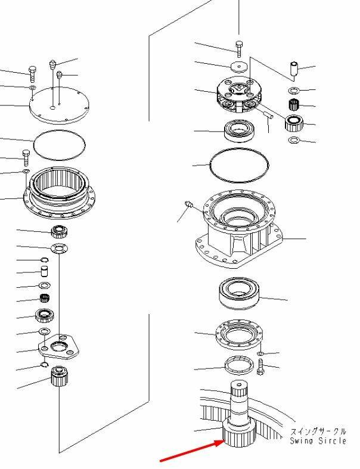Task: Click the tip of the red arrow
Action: pyautogui.click(x=224, y=440)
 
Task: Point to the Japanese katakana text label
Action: pyautogui.click(x=318, y=431)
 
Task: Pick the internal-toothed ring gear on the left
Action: pyautogui.click(x=59, y=192)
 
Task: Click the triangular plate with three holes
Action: pyautogui.click(x=58, y=347)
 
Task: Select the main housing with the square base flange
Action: pyautogui.click(x=239, y=229)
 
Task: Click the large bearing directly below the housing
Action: pyautogui.click(x=240, y=293)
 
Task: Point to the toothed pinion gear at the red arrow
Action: pyautogui.click(x=239, y=432)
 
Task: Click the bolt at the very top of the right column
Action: pyautogui.click(x=239, y=49)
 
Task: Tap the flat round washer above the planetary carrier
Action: pyautogui.click(x=239, y=67)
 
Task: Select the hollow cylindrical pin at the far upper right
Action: pyautogui.click(x=294, y=69)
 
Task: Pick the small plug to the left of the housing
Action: pyautogui.click(x=188, y=204)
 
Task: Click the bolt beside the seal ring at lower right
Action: pyautogui.click(x=260, y=367)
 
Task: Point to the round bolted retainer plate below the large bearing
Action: pyautogui.click(x=239, y=335)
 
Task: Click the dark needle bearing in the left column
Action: pyautogui.click(x=45, y=298)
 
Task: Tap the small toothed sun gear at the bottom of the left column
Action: pyautogui.click(x=60, y=375)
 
